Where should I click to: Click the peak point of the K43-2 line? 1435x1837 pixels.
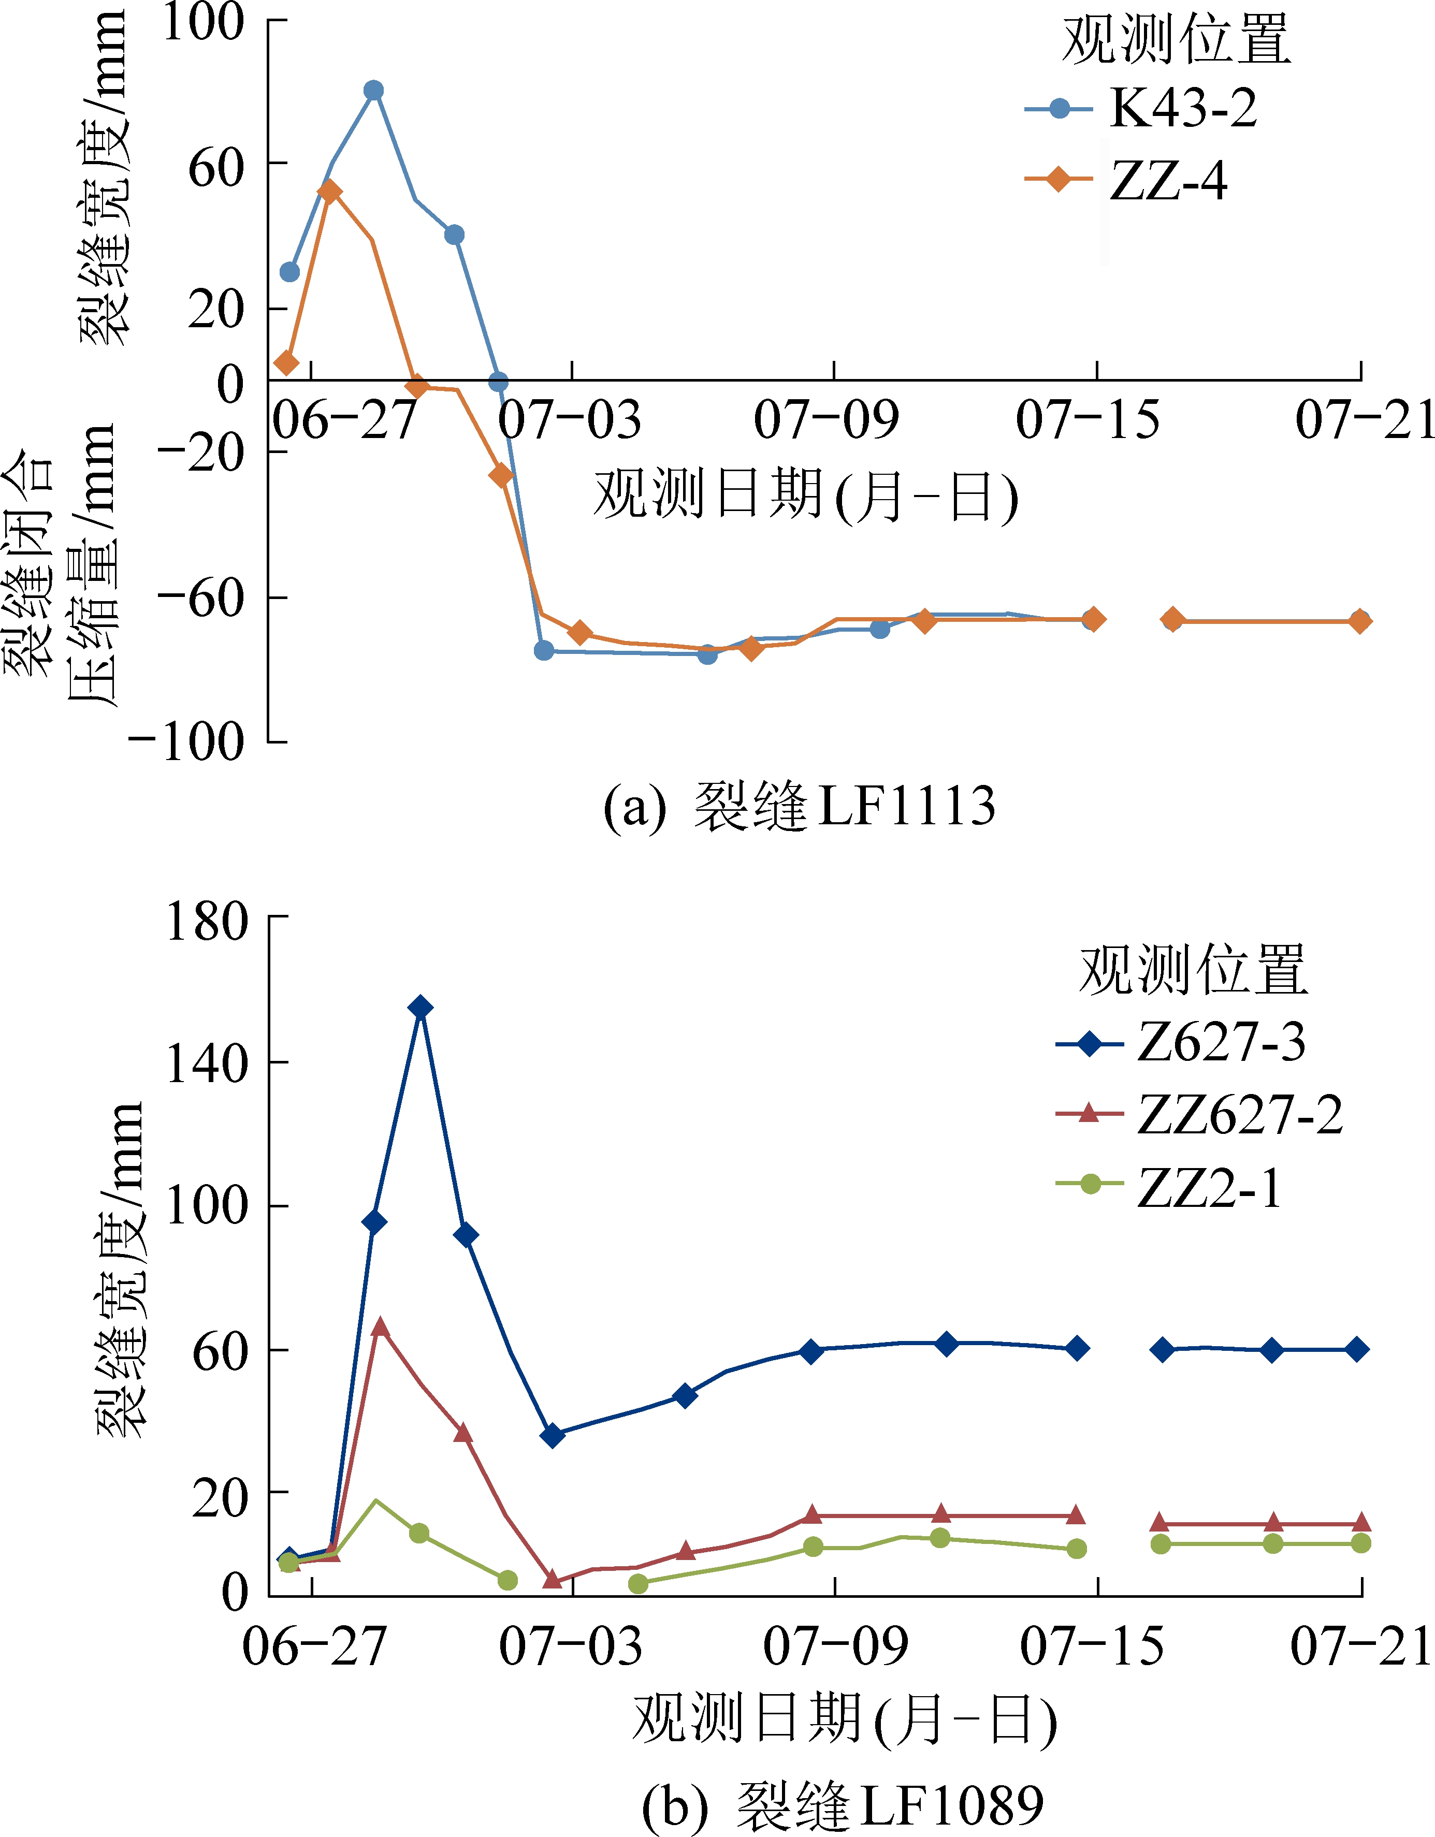(x=374, y=90)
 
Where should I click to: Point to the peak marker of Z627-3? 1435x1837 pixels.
(x=421, y=1008)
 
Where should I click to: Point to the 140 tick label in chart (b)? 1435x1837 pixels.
(x=206, y=1063)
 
